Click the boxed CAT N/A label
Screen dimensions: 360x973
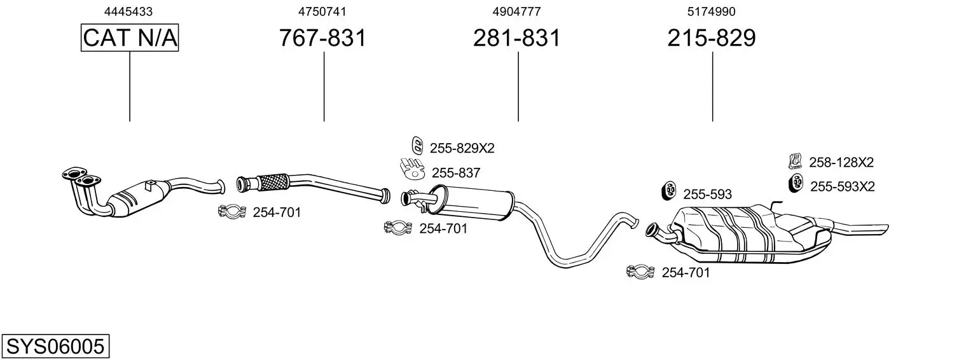coord(130,38)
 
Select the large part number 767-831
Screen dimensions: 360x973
coord(323,38)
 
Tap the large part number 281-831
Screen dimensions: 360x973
coord(517,38)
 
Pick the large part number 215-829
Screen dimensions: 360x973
coord(712,38)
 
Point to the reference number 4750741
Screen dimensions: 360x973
coord(322,11)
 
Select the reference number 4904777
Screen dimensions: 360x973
coord(516,11)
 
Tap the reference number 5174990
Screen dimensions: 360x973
coord(711,11)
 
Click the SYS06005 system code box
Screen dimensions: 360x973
coord(55,347)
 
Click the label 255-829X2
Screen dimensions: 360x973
coord(462,148)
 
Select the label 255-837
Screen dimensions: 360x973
coord(456,172)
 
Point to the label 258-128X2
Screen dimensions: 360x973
coord(841,162)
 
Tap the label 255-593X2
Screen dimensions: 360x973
coord(843,186)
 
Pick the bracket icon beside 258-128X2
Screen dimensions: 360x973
coord(795,161)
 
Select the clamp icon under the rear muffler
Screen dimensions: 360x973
coord(640,272)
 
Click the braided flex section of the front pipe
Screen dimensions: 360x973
coord(272,182)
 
